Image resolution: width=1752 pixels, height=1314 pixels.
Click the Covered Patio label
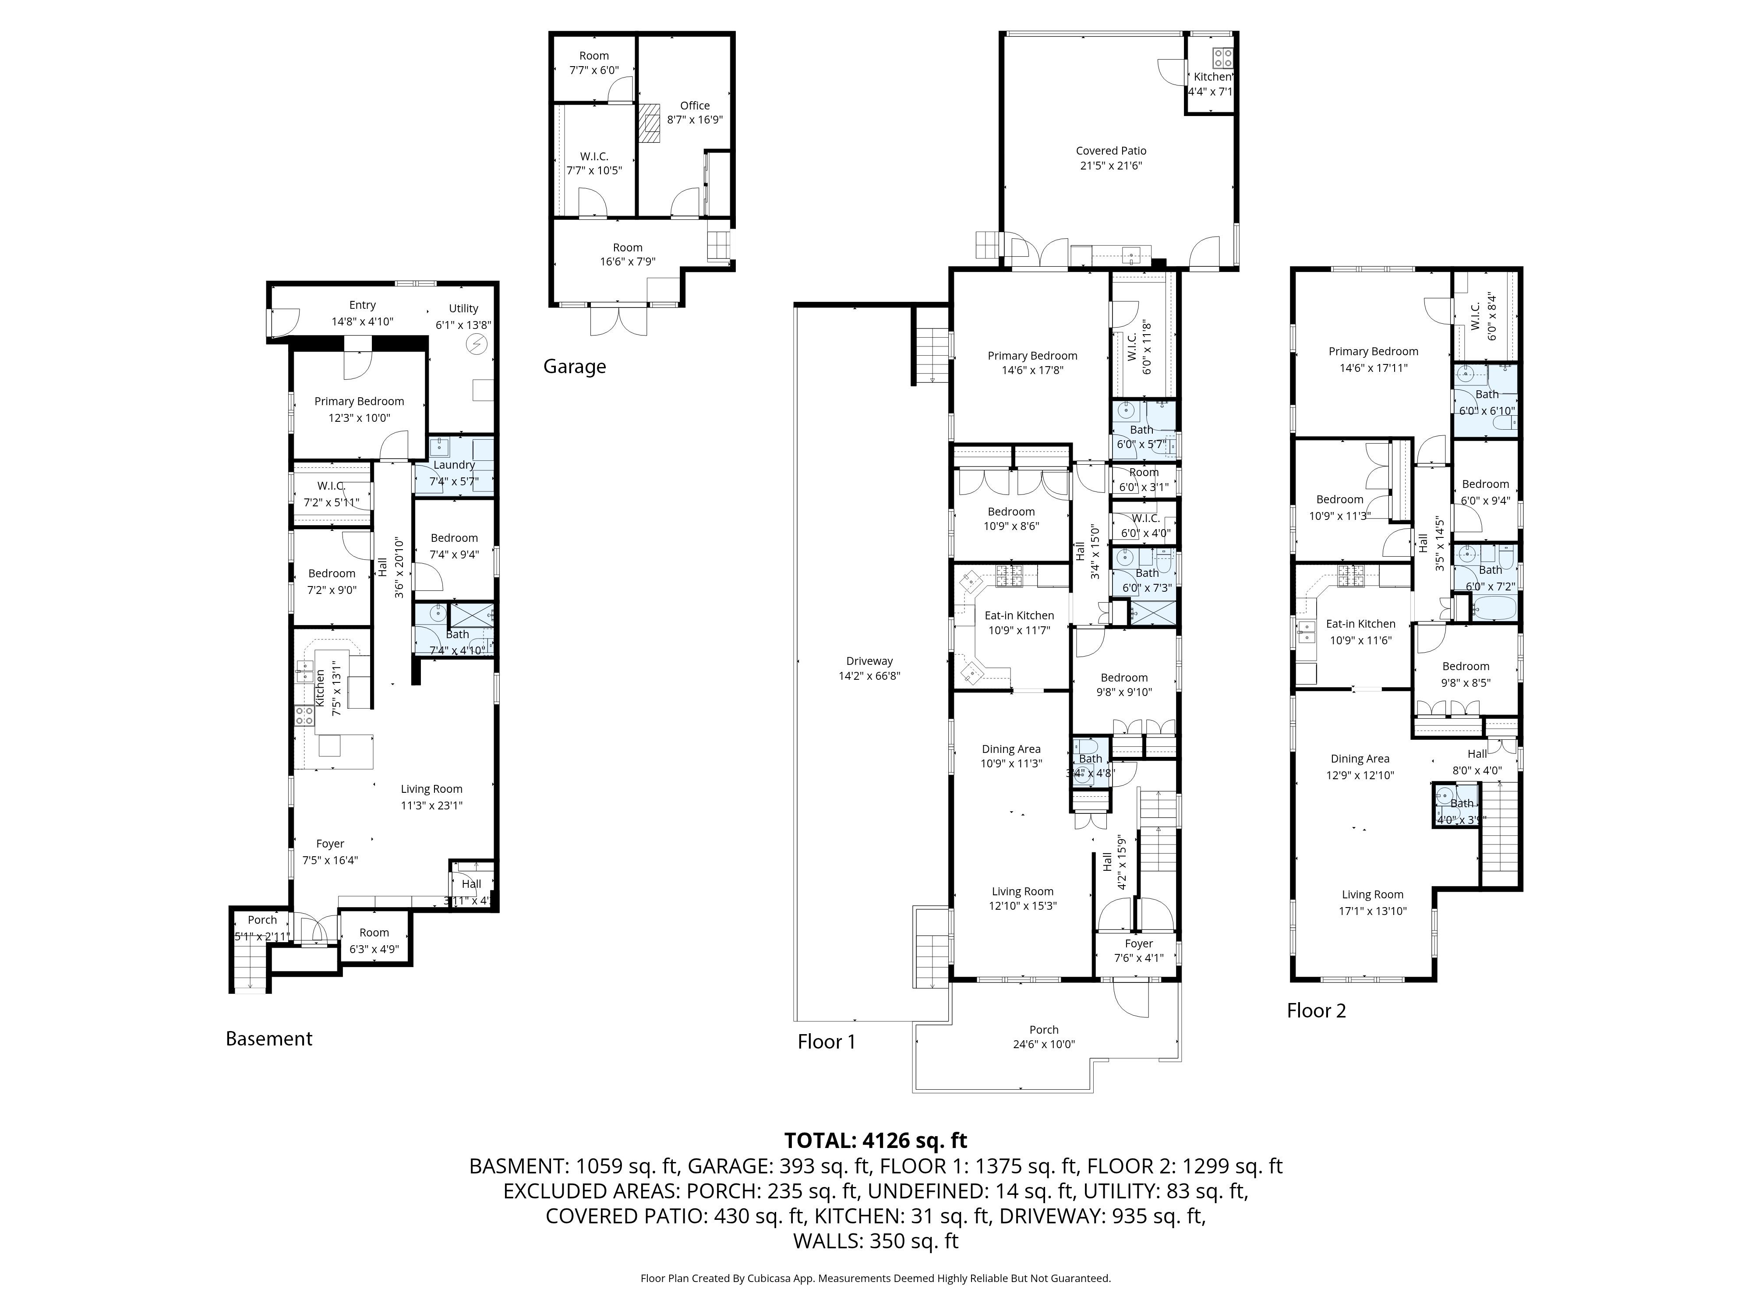[1110, 158]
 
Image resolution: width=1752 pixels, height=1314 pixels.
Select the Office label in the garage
[695, 113]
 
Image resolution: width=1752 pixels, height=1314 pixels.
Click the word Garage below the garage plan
[574, 367]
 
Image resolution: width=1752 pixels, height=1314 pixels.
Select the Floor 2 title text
[1316, 1010]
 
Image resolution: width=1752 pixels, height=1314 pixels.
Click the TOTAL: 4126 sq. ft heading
[875, 1141]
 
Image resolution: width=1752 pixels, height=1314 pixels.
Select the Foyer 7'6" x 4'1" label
[1138, 950]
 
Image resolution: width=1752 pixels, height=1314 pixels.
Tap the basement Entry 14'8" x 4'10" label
[362, 313]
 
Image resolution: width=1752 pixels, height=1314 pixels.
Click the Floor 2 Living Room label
[1372, 902]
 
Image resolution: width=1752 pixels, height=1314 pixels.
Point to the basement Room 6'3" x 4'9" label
[374, 940]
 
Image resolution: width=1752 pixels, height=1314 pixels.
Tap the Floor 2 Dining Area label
[1359, 766]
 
